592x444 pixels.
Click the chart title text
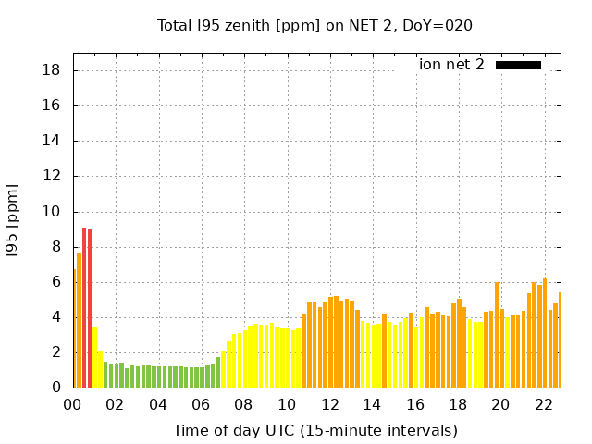coord(314,25)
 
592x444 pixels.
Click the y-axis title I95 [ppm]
coord(13,220)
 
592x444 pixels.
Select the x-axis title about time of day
coord(314,430)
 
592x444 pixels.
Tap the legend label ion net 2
coord(451,65)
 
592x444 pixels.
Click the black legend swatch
coord(518,65)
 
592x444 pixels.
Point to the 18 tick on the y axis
coord(52,70)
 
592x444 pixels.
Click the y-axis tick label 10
coord(52,212)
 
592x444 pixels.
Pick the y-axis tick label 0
coord(56,388)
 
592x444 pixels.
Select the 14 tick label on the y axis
coord(52,142)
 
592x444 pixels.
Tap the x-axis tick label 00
coord(73,404)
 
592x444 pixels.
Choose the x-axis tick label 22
coord(544,404)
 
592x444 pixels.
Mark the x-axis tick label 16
coord(415,404)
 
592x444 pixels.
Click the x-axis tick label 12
coord(330,404)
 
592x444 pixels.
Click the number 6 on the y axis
coord(56,283)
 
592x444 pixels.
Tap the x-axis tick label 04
coord(159,404)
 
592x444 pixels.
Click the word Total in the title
coord(176,25)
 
